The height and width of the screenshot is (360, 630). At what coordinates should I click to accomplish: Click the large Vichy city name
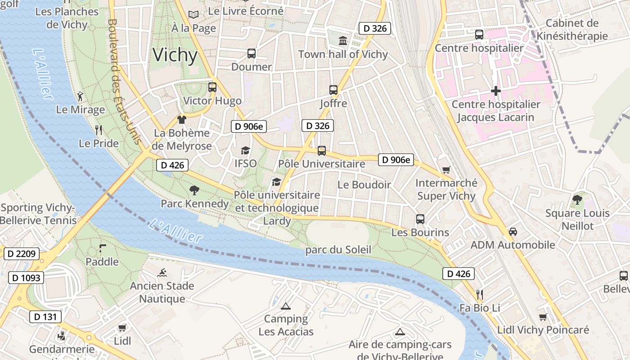[x=175, y=55]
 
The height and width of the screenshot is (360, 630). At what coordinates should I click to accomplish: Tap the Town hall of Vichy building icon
[x=343, y=41]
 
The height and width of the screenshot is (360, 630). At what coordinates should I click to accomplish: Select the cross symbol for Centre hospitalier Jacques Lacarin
[x=495, y=91]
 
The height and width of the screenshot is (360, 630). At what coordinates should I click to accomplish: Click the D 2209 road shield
[x=22, y=254]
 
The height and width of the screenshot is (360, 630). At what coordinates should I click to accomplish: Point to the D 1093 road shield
[x=26, y=278]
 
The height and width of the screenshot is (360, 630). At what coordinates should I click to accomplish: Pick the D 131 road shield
[x=45, y=317]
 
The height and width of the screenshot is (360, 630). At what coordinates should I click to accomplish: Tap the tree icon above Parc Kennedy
[x=194, y=190]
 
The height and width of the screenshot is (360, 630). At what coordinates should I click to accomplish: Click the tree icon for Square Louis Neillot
[x=577, y=199]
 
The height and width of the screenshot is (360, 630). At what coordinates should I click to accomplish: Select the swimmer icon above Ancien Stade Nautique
[x=162, y=272]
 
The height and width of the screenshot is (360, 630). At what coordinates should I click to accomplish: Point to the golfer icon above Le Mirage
[x=80, y=96]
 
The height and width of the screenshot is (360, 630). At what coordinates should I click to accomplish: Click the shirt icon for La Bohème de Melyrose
[x=181, y=119]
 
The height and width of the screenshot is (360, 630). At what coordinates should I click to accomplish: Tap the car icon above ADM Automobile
[x=513, y=232]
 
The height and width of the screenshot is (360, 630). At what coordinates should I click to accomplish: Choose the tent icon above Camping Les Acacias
[x=285, y=306]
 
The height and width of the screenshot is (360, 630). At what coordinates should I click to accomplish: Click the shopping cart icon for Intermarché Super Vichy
[x=446, y=170]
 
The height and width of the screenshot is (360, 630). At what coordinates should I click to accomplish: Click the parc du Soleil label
[x=338, y=250]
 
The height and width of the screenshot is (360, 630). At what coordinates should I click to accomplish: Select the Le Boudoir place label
[x=364, y=184]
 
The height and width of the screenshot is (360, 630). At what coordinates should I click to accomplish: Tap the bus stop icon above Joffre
[x=333, y=90]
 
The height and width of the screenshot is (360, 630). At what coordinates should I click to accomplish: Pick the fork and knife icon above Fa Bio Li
[x=480, y=295]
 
